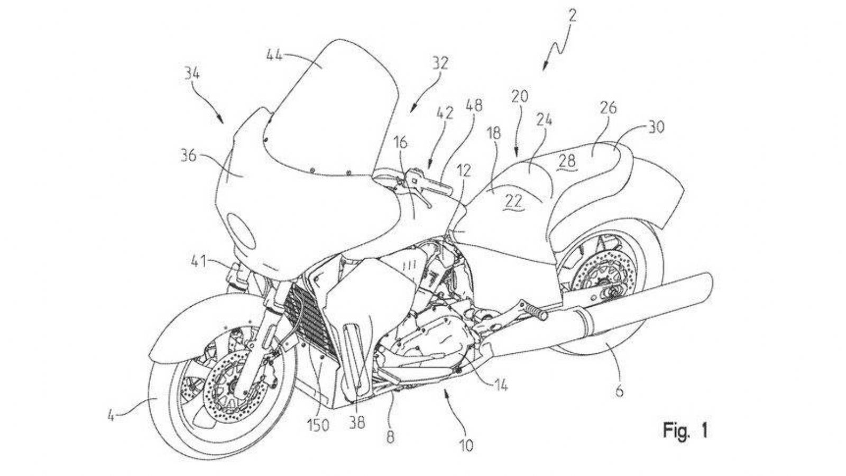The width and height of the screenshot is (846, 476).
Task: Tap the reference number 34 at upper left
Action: pos(191,74)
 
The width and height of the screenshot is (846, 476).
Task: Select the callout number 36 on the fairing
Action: pos(188,156)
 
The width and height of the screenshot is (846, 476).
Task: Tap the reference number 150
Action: pos(319,424)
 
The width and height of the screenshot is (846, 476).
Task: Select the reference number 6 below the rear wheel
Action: pos(619,391)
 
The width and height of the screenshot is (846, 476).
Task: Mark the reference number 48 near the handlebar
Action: pos(474,106)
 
